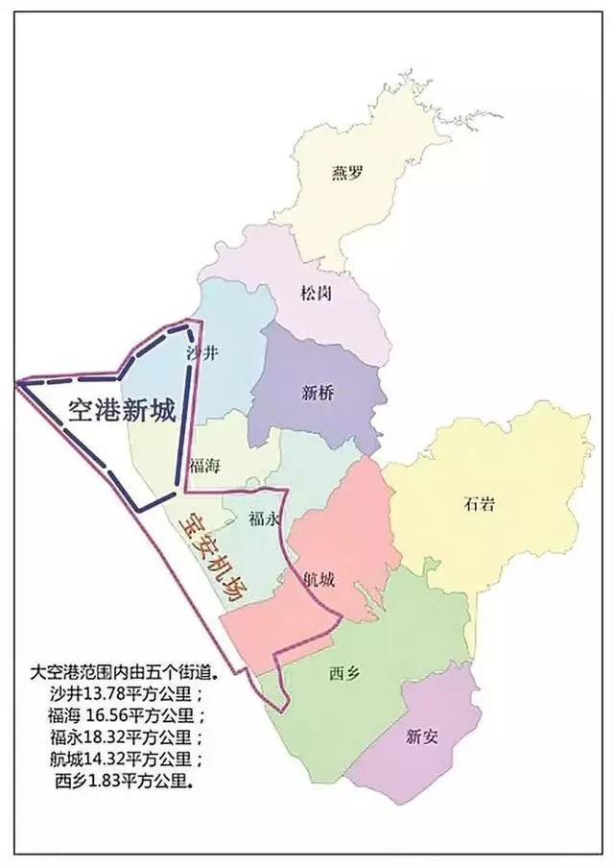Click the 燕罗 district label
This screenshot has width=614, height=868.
pos(348,173)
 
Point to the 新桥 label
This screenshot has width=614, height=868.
pos(317,392)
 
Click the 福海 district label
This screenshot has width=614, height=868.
pos(205,466)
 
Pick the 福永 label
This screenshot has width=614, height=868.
pos(263,519)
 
